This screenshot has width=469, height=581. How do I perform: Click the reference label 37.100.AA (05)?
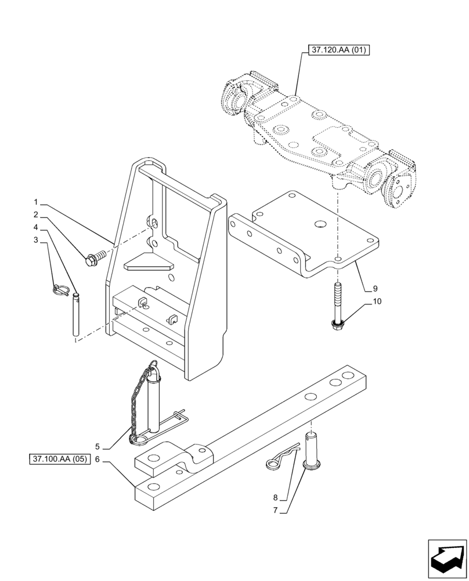60,459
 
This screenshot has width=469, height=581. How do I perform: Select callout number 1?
36,203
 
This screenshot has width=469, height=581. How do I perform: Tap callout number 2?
36,215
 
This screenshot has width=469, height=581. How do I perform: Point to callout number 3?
36,239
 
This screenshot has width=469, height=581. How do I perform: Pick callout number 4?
36,227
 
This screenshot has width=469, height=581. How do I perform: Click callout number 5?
97,447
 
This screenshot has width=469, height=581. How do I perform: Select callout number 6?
97,459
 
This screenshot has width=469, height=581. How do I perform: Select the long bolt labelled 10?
337,307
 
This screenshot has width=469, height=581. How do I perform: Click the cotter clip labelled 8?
280,457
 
